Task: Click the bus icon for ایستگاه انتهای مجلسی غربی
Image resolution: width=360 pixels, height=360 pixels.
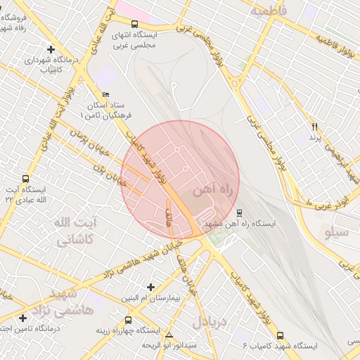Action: pyautogui.click(x=134, y=24)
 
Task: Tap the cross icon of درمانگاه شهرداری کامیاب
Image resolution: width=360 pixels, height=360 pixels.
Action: pyautogui.click(x=51, y=49)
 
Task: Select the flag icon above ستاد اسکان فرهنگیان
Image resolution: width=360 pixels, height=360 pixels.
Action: pyautogui.click(x=106, y=94)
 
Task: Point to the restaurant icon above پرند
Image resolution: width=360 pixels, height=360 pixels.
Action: pyautogui.click(x=314, y=127)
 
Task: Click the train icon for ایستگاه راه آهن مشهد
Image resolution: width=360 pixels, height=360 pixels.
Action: pyautogui.click(x=240, y=212)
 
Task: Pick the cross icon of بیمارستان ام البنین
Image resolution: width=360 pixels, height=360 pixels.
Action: pyautogui.click(x=150, y=287)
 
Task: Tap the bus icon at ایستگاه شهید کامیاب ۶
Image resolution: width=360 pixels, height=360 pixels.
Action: pyautogui.click(x=281, y=335)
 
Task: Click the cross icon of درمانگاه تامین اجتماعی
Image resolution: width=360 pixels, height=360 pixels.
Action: pyautogui.click(x=23, y=318)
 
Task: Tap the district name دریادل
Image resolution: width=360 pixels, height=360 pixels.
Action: pyautogui.click(x=207, y=322)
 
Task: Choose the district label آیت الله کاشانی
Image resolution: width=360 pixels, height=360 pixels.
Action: pyautogui.click(x=72, y=231)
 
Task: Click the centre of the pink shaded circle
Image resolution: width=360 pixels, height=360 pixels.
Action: pyautogui.click(x=180, y=180)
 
